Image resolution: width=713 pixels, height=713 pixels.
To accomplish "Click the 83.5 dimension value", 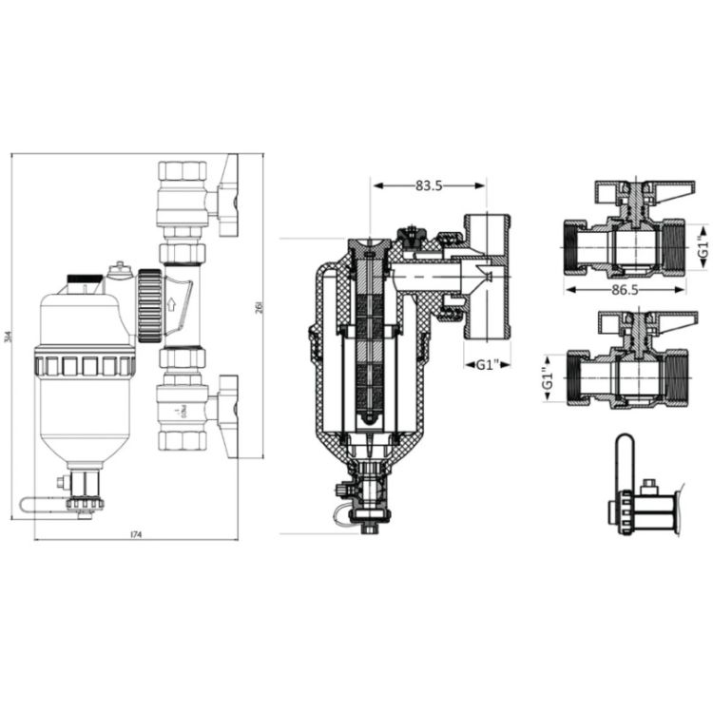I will point(429,185).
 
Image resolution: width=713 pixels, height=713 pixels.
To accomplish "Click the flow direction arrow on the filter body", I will point(172,305).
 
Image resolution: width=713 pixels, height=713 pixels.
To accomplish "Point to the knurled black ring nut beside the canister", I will point(148,306).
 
